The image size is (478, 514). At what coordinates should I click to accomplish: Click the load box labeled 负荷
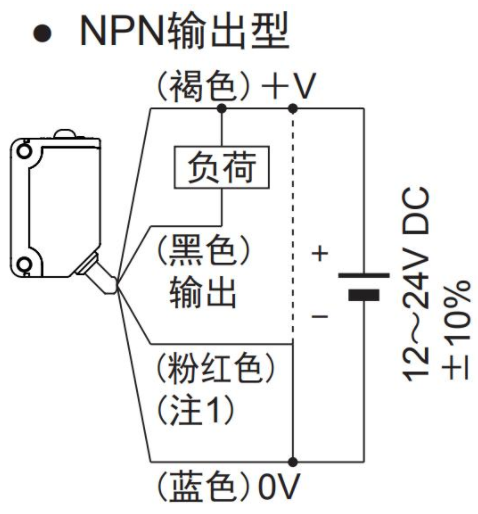221,167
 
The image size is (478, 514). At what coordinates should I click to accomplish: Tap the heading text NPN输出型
184,32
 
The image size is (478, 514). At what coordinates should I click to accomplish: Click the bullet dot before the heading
43,33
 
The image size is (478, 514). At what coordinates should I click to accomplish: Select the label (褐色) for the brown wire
203,86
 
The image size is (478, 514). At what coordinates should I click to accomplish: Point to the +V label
288,86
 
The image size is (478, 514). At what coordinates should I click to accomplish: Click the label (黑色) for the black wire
203,250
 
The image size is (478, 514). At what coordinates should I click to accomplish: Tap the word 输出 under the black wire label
203,293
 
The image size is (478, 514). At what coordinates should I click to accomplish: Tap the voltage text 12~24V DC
416,284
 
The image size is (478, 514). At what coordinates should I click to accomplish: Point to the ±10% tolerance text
456,330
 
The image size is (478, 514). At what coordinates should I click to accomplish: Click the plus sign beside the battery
320,253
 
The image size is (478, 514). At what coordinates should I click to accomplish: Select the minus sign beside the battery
320,316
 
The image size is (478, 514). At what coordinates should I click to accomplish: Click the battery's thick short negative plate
364,295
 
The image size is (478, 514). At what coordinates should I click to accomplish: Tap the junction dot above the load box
222,108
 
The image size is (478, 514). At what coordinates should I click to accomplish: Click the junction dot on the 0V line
293,462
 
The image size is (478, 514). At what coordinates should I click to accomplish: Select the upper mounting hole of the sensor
24,151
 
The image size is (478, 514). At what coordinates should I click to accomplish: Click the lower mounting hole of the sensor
24,265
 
